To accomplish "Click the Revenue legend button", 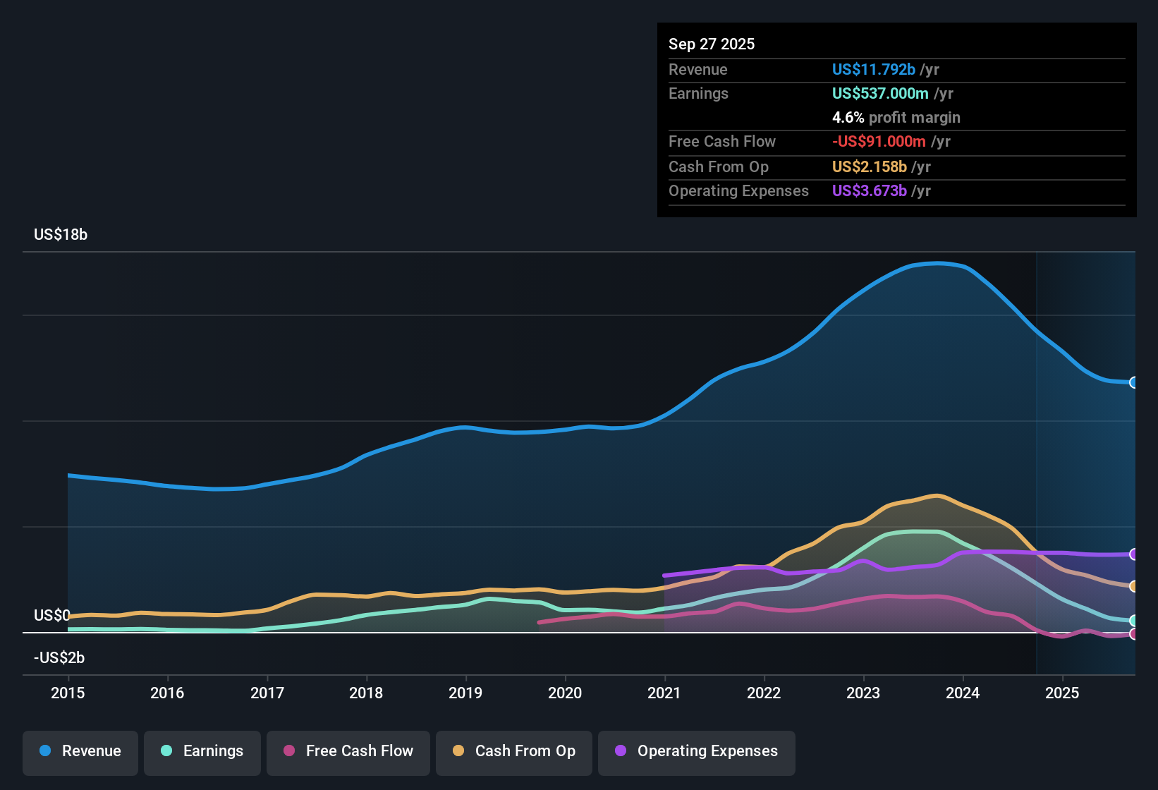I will [80, 751].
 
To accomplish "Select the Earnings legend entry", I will [202, 751].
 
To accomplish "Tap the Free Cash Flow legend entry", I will [348, 751].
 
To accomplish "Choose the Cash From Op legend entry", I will [514, 751].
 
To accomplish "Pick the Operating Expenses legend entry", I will [697, 751].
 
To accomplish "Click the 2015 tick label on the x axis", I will [68, 693].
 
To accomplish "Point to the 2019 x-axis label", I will [465, 693].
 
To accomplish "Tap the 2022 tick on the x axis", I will [764, 693].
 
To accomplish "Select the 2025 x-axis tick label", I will [1062, 693].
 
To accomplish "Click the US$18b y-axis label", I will [61, 235].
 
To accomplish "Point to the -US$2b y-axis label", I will [59, 658].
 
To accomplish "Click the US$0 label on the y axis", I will [52, 616].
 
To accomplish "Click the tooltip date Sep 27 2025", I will [712, 44].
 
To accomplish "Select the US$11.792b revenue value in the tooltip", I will [873, 70].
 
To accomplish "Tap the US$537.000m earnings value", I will [880, 94].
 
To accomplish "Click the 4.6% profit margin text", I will [896, 118].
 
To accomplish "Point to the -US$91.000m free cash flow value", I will [879, 142].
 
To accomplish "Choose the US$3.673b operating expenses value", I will [869, 191].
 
